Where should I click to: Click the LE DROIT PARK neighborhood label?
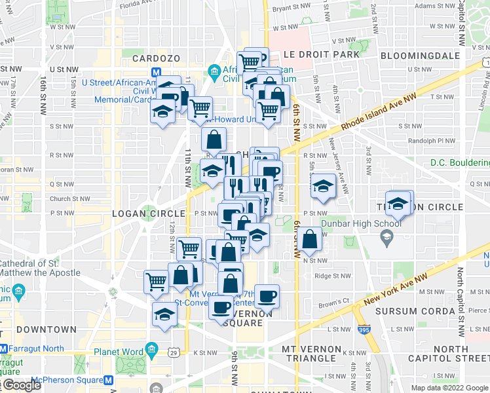(x=322, y=54)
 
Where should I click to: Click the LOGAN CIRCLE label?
(x=141, y=214)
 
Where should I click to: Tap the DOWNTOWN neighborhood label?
(x=47, y=329)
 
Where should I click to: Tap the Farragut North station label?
(x=30, y=348)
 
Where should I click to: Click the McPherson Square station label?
(x=50, y=379)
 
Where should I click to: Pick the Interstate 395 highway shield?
(x=364, y=330)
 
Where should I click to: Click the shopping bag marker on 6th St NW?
(x=311, y=238)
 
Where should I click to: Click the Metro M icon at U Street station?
(x=157, y=73)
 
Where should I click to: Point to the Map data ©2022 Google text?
(x=449, y=388)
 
